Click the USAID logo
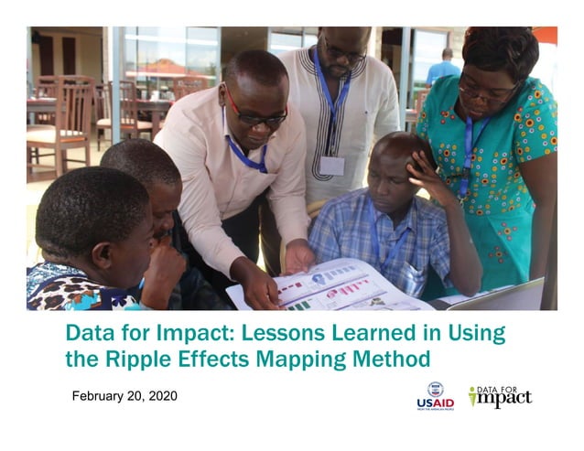[x=435, y=395]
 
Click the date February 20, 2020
[x=124, y=396]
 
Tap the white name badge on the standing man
[x=332, y=165]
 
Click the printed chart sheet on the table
[x=325, y=285]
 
